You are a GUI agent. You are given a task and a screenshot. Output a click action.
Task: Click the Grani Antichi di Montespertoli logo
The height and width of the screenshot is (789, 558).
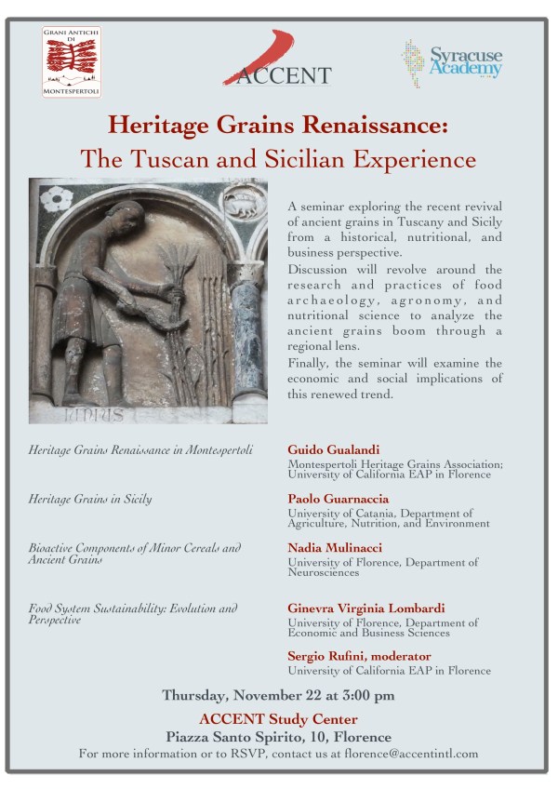(72, 62)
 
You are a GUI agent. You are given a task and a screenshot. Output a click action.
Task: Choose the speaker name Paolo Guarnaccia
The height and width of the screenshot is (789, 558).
(338, 499)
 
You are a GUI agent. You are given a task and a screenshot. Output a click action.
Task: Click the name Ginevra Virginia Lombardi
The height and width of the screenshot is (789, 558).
(365, 608)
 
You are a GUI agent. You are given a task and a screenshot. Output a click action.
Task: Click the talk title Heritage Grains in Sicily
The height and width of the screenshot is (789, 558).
(90, 500)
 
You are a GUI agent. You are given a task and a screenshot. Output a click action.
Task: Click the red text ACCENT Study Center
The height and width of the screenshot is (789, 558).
(278, 718)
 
